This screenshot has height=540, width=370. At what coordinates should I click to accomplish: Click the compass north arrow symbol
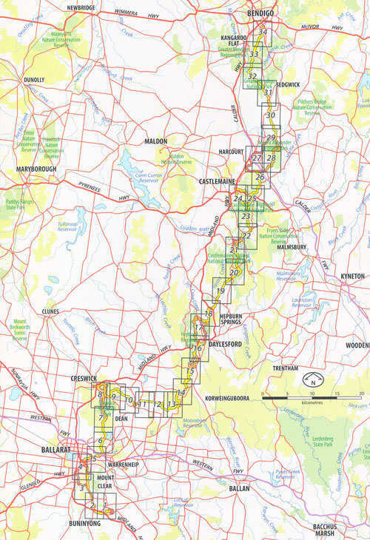point(314,382)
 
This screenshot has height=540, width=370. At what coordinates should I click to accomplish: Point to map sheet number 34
point(262,32)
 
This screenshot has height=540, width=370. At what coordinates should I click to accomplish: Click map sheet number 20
point(234,274)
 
